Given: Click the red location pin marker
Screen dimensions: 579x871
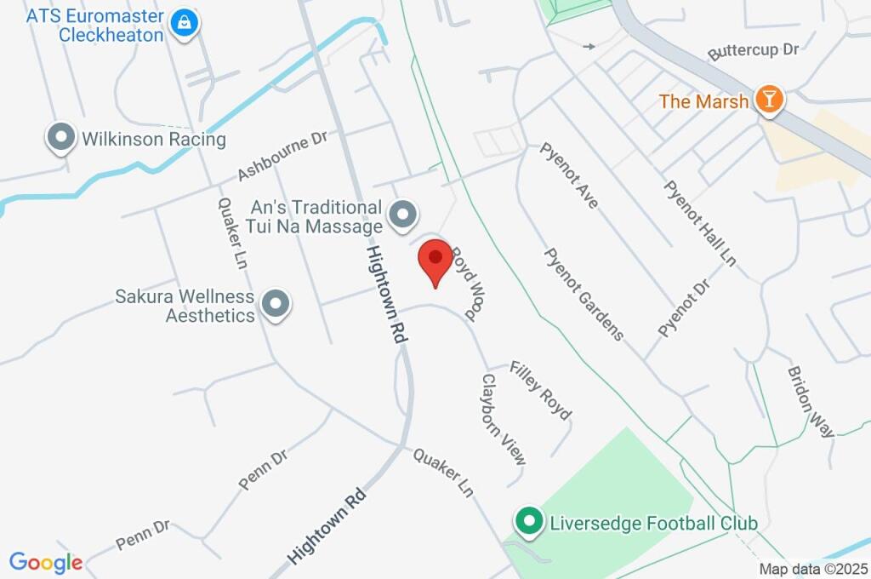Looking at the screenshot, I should pos(435,261).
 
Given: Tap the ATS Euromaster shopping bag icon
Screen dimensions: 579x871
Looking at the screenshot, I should pos(183,24).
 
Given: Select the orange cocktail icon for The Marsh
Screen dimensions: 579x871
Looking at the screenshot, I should pos(769,100).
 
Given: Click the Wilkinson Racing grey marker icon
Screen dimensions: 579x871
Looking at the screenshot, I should pos(61,138).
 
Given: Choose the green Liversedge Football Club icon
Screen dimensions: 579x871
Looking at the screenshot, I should pos(530,521).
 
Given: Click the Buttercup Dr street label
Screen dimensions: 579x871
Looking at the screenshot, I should pos(754,50).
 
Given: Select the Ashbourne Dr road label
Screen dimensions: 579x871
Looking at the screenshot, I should pos(282,155).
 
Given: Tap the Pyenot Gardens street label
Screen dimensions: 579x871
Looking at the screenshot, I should pos(584,294).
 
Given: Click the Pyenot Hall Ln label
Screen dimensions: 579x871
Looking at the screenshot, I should pos(699,223).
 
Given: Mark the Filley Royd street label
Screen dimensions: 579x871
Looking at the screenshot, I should pos(540,391).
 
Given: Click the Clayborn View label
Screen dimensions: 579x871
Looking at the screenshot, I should pos(504,420).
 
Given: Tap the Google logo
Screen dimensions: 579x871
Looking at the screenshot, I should pos(46,563).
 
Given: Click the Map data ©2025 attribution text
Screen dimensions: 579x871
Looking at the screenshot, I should pos(813,569).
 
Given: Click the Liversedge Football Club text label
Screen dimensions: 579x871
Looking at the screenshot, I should pos(653,522).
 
